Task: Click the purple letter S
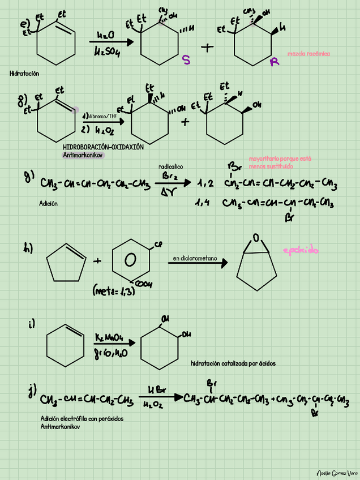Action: click(186, 60)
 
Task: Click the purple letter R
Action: click(275, 62)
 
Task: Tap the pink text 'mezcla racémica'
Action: click(308, 54)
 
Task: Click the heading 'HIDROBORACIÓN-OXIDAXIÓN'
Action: click(103, 147)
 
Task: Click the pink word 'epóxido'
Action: click(301, 250)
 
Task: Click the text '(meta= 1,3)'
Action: click(113, 292)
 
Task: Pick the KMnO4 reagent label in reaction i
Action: click(110, 338)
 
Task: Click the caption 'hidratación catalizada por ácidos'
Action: click(233, 363)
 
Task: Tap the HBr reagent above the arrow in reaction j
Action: click(156, 391)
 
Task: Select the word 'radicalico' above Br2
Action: click(170, 166)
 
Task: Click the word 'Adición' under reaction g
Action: click(49, 203)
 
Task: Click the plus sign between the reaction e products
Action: click(207, 48)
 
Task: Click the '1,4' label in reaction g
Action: click(203, 202)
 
